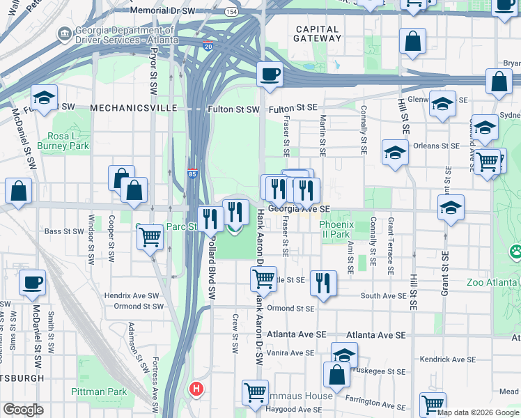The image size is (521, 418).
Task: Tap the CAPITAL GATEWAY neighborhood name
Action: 317,34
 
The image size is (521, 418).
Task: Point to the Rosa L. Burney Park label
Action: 68,141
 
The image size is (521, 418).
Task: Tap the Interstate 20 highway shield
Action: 208,45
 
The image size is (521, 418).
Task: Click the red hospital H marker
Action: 198,389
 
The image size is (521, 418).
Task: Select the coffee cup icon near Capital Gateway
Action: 269,74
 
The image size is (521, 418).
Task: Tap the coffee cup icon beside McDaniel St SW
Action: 32,283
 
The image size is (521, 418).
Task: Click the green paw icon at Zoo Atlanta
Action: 515,251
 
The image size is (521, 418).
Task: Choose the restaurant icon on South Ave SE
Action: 322,283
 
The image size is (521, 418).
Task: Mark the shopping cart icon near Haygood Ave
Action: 255,392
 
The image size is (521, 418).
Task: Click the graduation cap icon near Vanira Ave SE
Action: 344,355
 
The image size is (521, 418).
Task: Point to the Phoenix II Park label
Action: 337,229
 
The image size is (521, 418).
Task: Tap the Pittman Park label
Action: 99,392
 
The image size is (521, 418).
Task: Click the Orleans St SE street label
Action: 435,146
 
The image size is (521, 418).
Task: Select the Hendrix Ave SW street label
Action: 132,295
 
